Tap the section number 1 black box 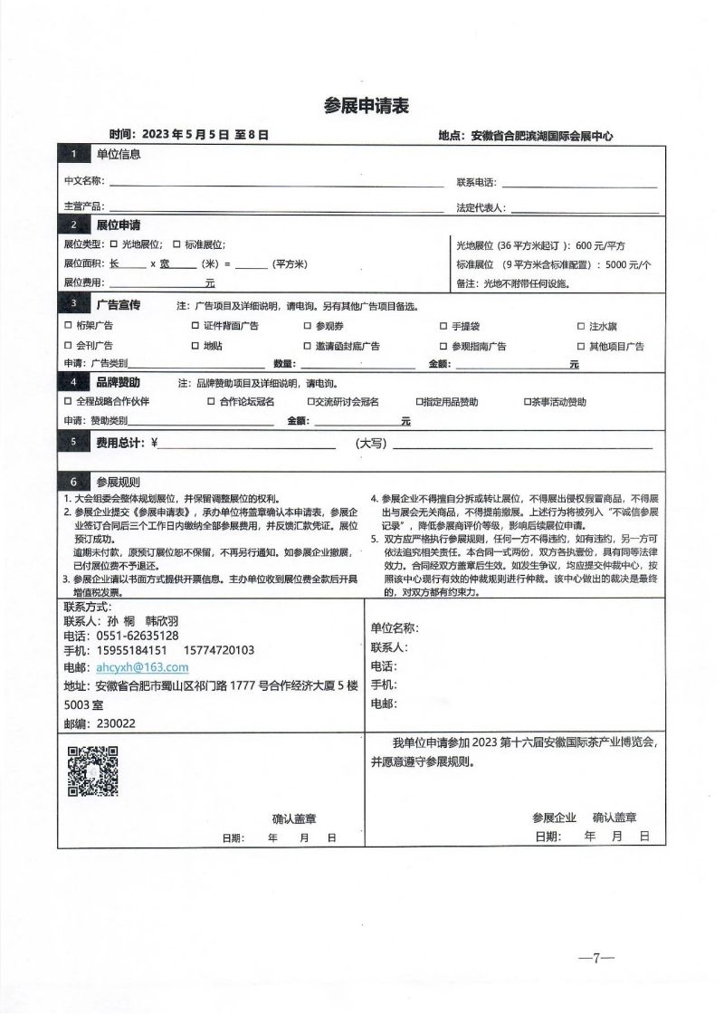(x=74, y=154)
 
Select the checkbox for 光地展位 (x=114, y=244)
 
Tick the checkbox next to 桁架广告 (x=68, y=326)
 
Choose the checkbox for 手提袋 (x=443, y=326)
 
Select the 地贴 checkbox (x=195, y=346)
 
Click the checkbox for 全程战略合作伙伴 (x=68, y=401)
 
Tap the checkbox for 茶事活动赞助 (x=527, y=401)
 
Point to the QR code (x=93, y=770)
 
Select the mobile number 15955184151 (x=131, y=650)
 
